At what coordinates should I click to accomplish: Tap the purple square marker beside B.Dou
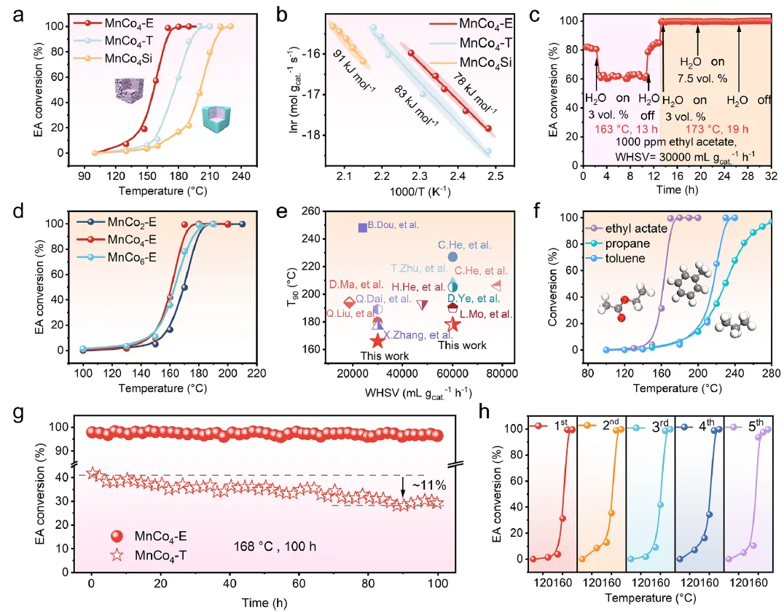coord(363,227)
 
